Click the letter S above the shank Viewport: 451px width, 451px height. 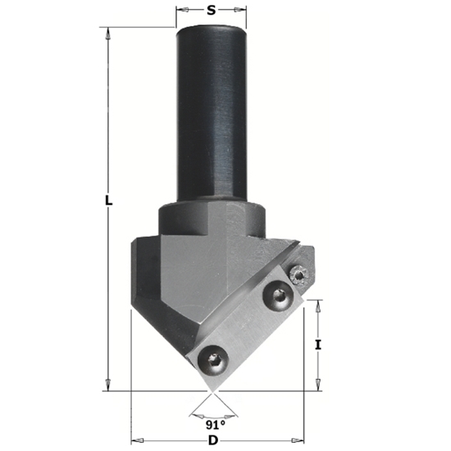(211, 11)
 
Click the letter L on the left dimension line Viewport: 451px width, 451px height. (108, 201)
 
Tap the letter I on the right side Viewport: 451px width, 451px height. (318, 345)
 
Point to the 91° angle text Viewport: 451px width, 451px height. (214, 425)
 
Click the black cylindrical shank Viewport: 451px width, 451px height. (212, 115)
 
